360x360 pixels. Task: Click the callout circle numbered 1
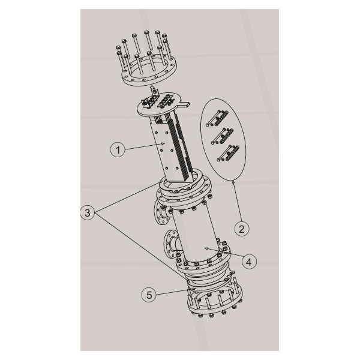[118, 149]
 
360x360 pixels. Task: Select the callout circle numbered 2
[242, 229]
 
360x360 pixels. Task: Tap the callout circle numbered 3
[88, 213]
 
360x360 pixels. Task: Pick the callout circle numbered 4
[249, 262]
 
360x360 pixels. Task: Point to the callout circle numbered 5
[149, 295]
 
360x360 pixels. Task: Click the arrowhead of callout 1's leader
[163, 143]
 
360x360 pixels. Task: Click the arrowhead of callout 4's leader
[206, 248]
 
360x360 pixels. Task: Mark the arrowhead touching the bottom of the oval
[233, 182]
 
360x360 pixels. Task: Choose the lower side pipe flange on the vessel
[170, 244]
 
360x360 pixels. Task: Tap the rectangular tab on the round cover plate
[185, 104]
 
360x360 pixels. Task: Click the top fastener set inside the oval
[217, 118]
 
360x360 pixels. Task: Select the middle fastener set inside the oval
[223, 136]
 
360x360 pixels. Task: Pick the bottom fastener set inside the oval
[228, 153]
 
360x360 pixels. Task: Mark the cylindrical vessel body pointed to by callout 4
[196, 235]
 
